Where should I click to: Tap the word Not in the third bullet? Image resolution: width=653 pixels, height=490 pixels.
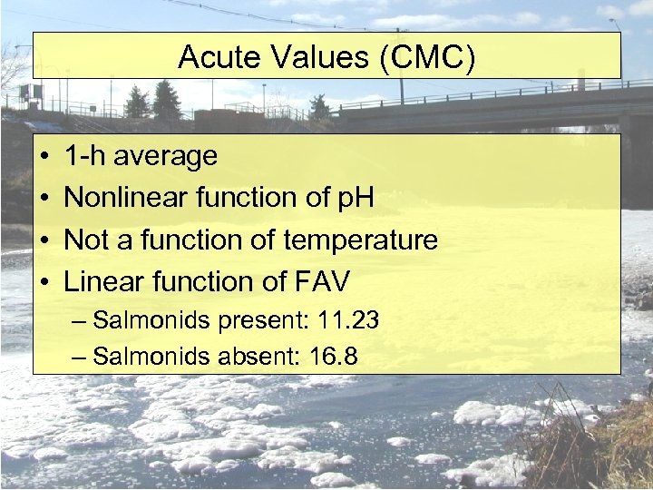[x=86, y=240]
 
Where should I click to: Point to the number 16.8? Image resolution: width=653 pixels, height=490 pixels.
[x=332, y=357]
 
